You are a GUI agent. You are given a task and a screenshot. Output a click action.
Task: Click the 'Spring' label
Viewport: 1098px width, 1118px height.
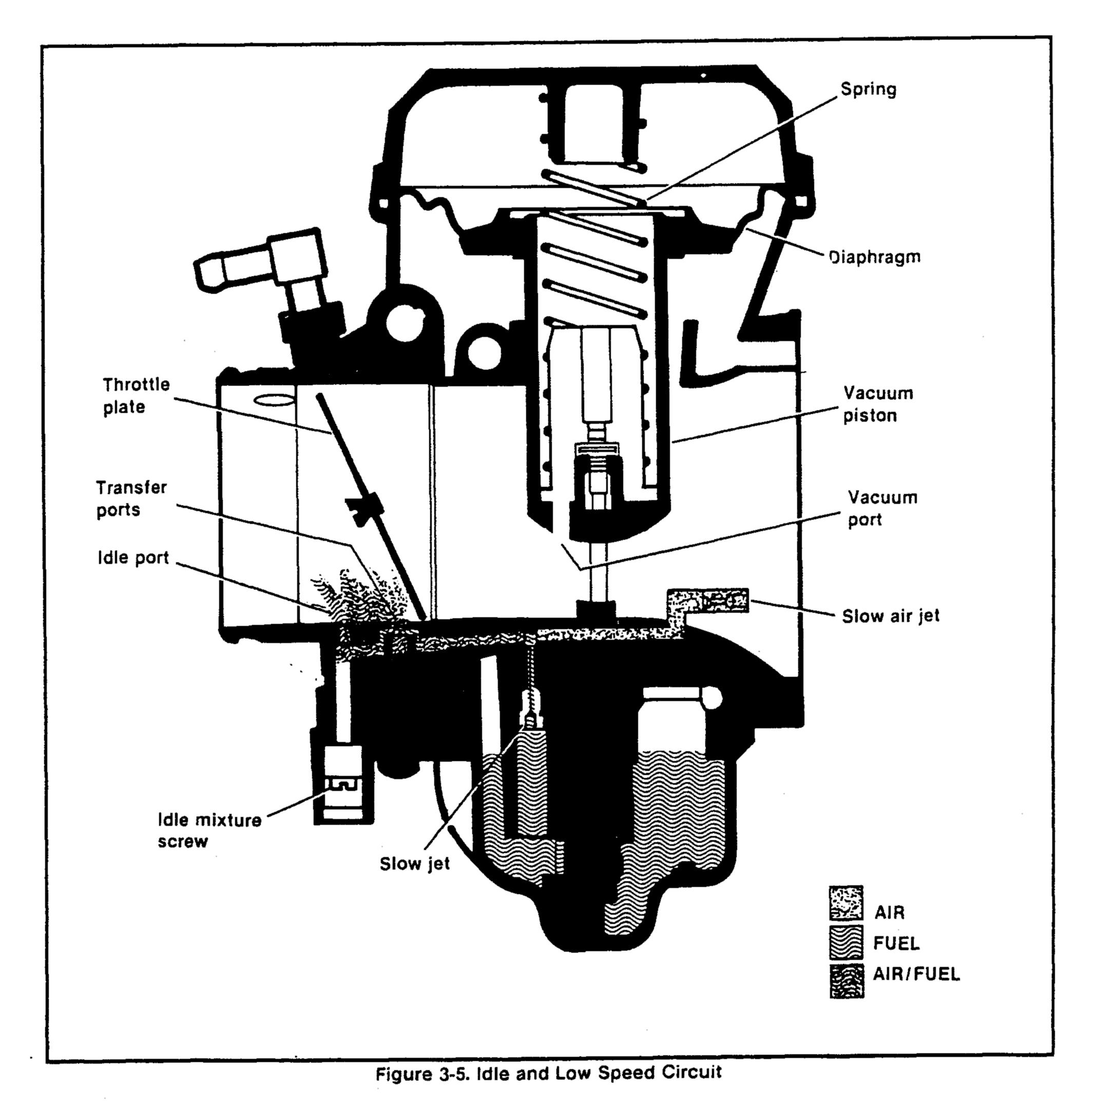tap(868, 89)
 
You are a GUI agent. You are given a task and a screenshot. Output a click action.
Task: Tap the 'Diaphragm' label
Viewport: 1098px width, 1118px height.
tap(874, 257)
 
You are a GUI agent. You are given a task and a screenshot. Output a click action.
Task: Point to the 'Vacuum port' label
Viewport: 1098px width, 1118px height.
tap(882, 508)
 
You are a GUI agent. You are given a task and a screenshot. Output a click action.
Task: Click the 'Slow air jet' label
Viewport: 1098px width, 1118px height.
tap(891, 616)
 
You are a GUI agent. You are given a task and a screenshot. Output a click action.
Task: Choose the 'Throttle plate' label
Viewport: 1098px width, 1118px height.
tap(136, 396)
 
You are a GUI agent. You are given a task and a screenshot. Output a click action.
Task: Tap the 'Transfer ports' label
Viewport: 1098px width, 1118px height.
tap(131, 499)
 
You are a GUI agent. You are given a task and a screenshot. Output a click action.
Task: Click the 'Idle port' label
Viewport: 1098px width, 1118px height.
tap(133, 558)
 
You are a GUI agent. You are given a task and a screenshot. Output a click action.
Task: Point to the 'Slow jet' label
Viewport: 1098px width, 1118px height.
tap(415, 864)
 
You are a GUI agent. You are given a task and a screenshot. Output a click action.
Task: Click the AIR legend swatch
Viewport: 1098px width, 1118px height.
tap(846, 903)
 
